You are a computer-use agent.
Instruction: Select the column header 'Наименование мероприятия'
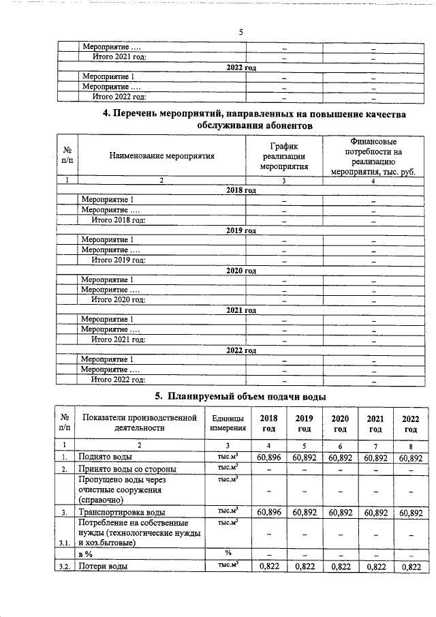(161, 155)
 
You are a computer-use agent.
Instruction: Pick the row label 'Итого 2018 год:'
(119, 220)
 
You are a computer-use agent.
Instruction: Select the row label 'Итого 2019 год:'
(119, 260)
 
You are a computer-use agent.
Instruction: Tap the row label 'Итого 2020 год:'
(119, 299)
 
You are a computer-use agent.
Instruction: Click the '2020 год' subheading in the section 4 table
(241, 270)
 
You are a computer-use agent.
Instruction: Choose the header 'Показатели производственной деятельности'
(139, 423)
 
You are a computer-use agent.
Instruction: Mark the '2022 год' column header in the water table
(410, 423)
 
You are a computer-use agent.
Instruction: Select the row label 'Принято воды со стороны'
(128, 469)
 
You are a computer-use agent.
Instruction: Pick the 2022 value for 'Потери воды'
(410, 567)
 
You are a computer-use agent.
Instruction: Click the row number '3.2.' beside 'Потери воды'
(65, 567)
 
